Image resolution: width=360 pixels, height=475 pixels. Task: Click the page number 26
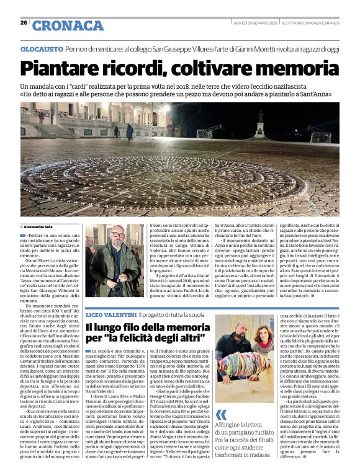pos(23,24)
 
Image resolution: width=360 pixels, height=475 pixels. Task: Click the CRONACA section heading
pos(68,25)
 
